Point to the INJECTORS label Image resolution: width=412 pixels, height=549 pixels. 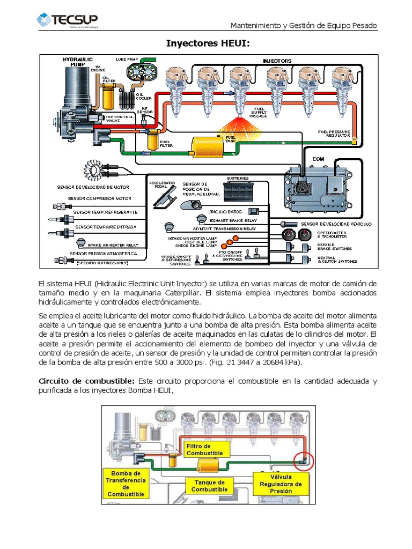click(277, 61)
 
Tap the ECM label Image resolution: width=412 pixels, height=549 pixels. click(318, 160)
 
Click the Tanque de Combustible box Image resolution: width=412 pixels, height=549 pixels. click(210, 486)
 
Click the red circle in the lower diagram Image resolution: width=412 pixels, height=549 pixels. click(304, 460)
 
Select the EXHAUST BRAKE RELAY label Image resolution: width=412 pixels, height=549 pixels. click(233, 220)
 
